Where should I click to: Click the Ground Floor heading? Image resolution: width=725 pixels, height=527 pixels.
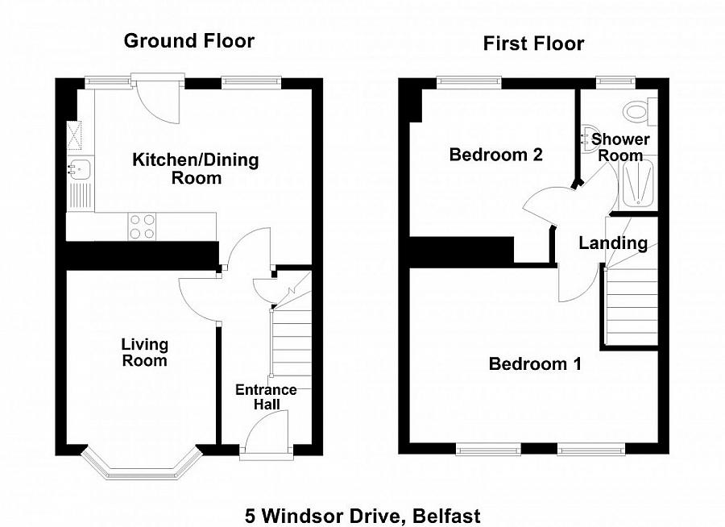point(188,41)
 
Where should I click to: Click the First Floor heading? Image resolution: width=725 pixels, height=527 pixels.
point(533,44)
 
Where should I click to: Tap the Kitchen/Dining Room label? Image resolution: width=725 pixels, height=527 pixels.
point(196,168)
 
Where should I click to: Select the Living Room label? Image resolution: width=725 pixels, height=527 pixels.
point(144,352)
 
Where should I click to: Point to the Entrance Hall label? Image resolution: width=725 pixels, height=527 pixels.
point(266,396)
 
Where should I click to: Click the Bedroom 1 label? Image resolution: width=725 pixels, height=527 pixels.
point(534,364)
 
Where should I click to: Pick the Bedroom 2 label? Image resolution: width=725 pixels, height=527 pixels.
point(495,155)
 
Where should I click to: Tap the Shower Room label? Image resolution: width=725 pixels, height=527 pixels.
point(620,147)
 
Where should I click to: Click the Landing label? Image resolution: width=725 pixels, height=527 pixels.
point(613,243)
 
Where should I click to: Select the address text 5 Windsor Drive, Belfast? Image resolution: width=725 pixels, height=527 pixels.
point(362,514)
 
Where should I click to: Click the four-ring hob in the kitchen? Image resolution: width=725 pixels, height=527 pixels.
point(143,226)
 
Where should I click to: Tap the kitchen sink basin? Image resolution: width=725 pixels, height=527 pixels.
point(80,169)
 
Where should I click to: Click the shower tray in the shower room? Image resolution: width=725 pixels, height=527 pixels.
point(640,184)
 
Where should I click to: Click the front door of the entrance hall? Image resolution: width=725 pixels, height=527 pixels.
point(266,435)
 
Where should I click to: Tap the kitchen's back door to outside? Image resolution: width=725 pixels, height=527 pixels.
point(159,100)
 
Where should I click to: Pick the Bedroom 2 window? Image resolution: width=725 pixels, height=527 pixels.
point(469,81)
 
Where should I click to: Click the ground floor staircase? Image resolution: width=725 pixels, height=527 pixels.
point(292,338)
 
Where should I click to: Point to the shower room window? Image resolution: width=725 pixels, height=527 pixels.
point(614,81)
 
